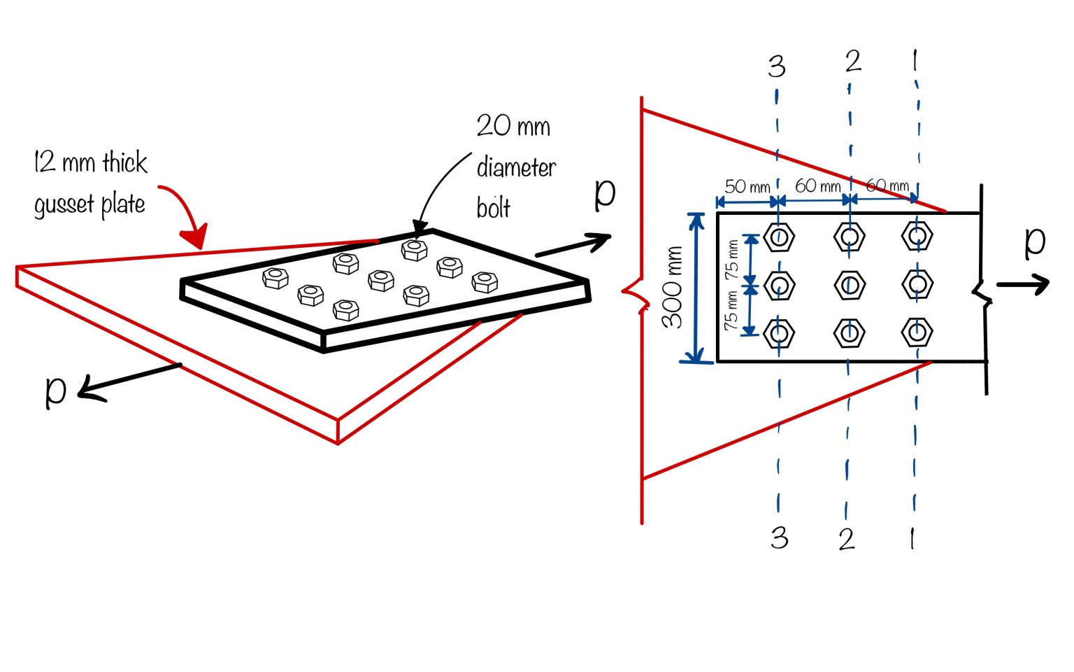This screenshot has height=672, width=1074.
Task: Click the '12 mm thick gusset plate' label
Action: click(x=90, y=183)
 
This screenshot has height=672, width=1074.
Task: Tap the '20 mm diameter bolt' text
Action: click(x=516, y=167)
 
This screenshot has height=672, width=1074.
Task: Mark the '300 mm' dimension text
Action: click(x=673, y=287)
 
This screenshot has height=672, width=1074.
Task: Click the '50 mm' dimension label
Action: click(x=747, y=186)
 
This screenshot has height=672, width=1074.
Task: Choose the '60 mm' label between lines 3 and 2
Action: click(x=817, y=185)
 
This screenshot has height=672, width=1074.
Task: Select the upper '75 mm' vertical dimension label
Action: click(x=731, y=259)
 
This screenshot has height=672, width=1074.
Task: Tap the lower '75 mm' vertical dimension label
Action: click(x=731, y=311)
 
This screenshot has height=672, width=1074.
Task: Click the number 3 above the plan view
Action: click(x=776, y=66)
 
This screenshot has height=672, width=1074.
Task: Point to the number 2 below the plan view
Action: click(x=847, y=538)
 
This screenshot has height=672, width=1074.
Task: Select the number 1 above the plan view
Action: click(x=915, y=62)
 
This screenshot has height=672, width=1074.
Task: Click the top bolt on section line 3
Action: click(x=779, y=237)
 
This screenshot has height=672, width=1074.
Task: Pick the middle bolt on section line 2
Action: click(x=850, y=284)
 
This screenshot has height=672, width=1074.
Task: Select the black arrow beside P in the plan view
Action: click(x=1022, y=283)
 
